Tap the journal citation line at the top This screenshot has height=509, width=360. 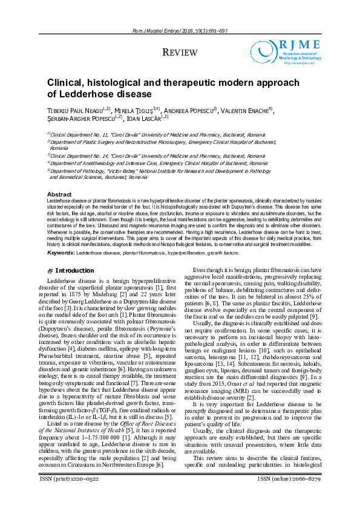click(x=180, y=31)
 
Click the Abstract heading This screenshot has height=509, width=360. click(x=59, y=194)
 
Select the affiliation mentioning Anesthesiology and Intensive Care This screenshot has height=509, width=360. click(x=159, y=163)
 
